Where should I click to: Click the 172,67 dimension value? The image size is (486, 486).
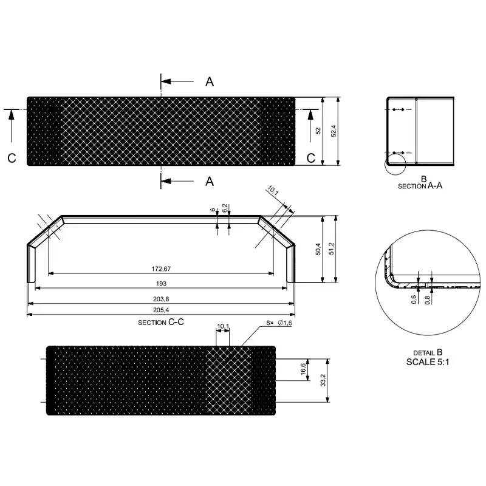point(161,269)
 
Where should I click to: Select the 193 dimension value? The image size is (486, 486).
point(161,283)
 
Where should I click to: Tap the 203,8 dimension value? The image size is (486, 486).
point(161,298)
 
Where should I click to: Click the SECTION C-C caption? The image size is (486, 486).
point(161,321)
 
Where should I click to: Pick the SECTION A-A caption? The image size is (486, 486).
point(420,186)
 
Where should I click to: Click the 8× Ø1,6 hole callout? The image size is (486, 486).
point(279,323)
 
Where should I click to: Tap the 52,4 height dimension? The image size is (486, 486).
point(334,131)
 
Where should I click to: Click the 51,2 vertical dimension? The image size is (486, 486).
point(332,249)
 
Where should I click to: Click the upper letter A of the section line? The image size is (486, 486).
point(210,82)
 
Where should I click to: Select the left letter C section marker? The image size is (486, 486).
point(12,158)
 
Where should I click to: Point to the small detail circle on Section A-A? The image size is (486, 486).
point(394,164)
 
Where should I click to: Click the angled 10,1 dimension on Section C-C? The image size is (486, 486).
point(273,193)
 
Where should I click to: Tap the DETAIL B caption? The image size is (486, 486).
point(428,352)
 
